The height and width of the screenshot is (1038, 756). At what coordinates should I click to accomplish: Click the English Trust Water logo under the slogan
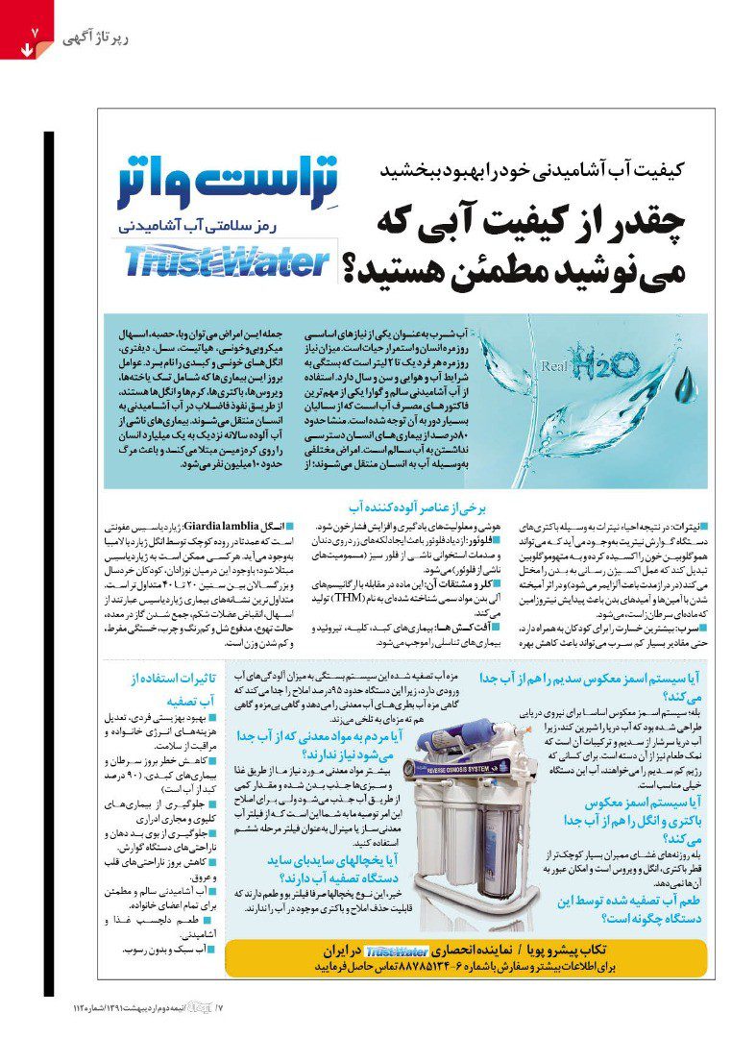click(x=228, y=261)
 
